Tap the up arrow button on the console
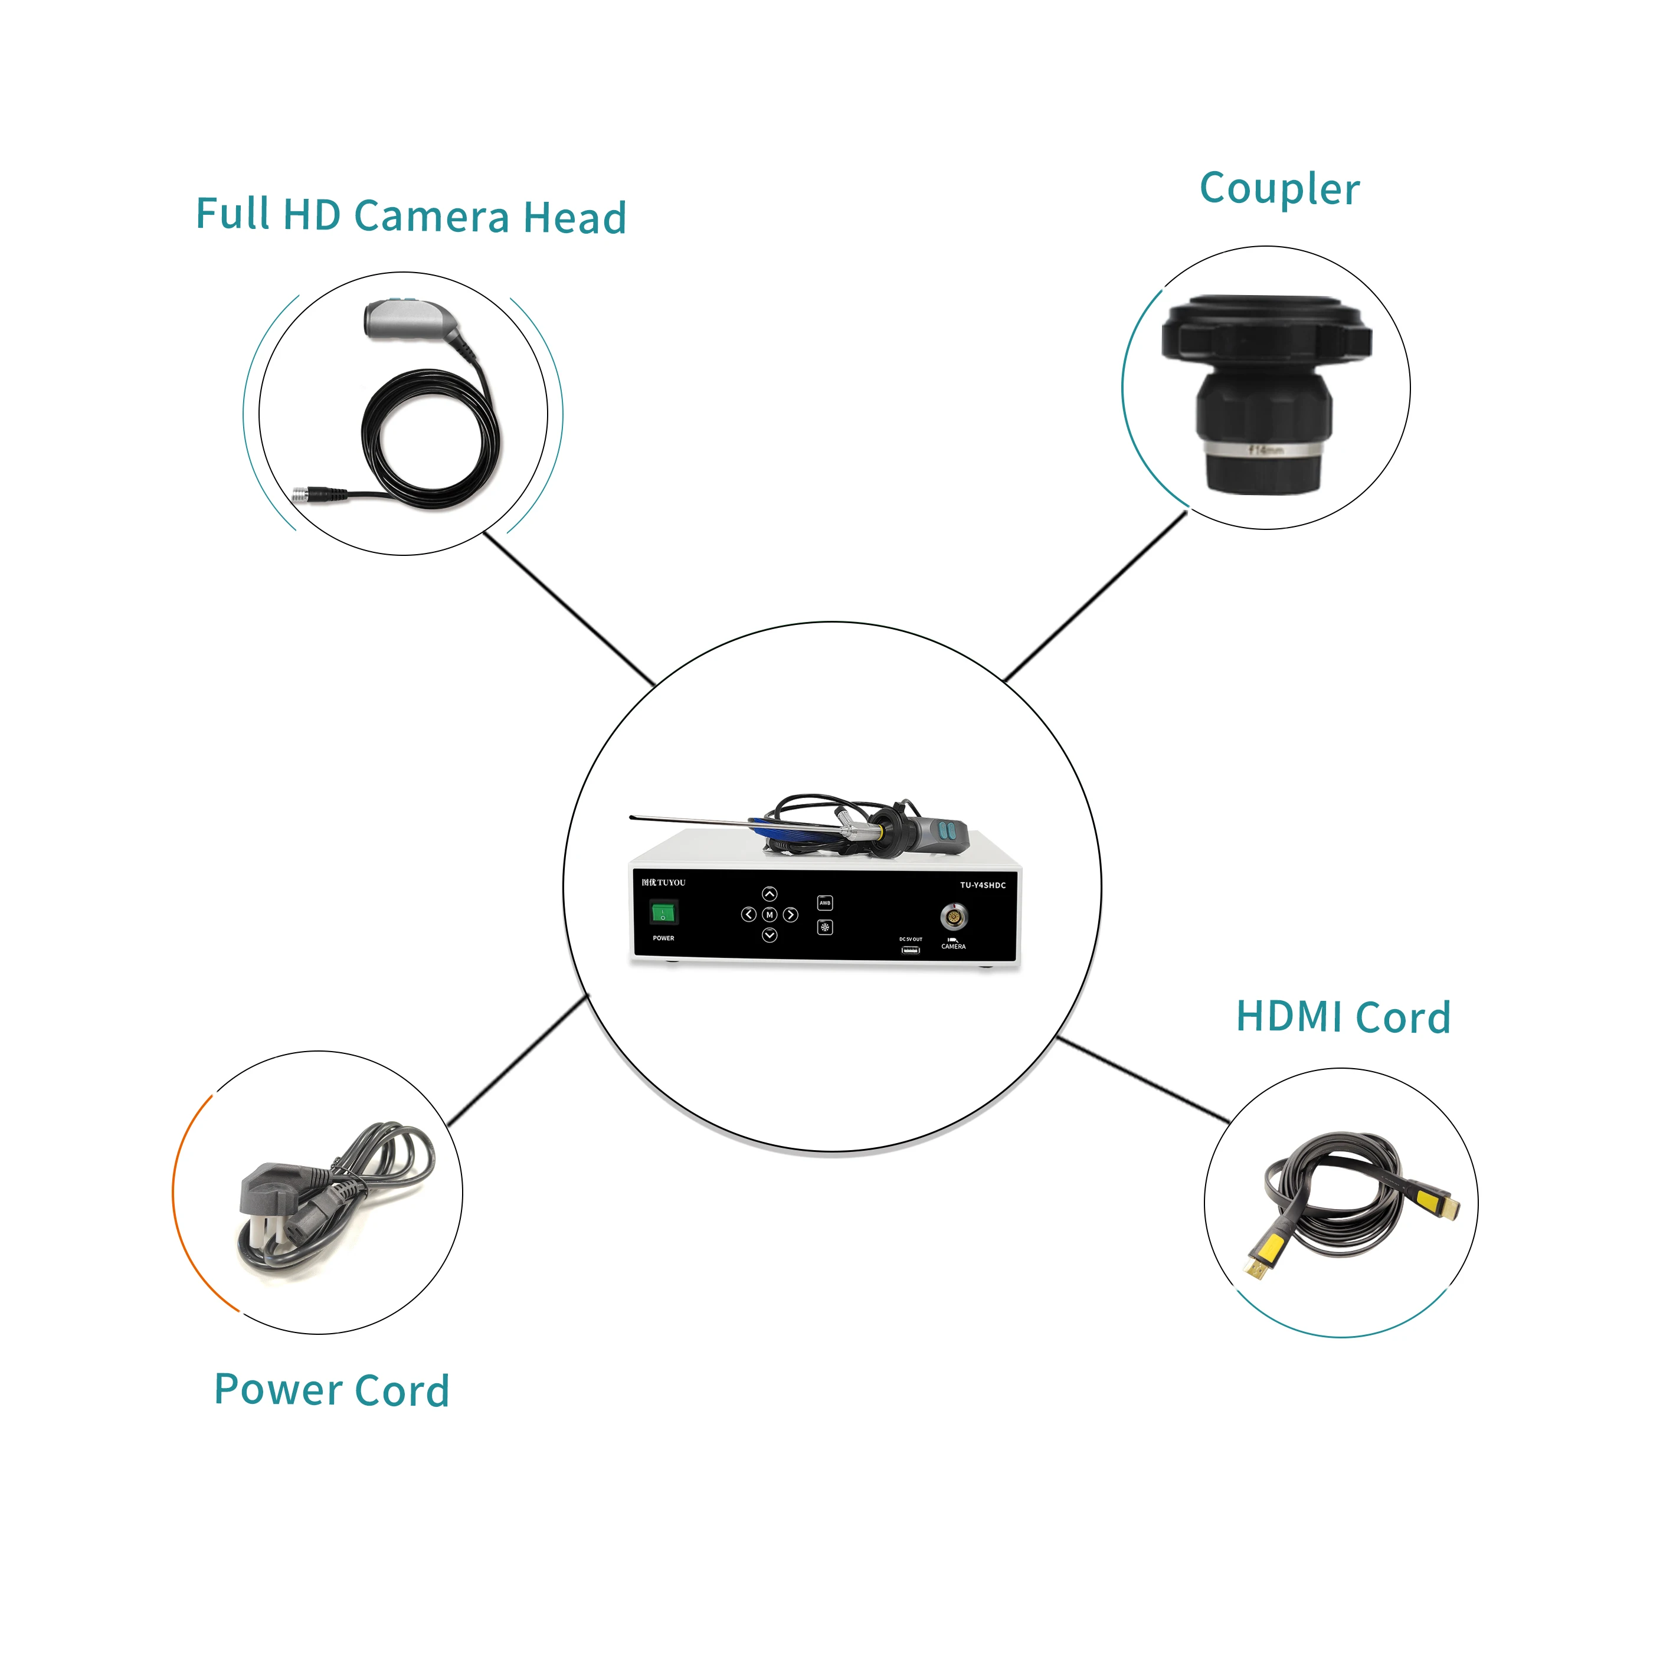[x=769, y=893]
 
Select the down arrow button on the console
[x=769, y=935]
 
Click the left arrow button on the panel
[x=748, y=915]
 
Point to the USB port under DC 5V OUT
[x=910, y=950]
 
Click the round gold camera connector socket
[x=954, y=916]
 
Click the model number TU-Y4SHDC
[x=983, y=885]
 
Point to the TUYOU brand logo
[x=663, y=882]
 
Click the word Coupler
[x=1279, y=189]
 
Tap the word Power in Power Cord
[x=278, y=1390]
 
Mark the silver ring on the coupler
[x=1263, y=450]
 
